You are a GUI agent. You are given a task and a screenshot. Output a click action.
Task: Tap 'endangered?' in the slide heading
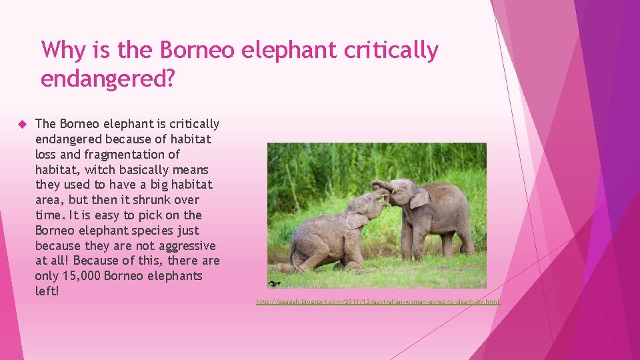pos(108,79)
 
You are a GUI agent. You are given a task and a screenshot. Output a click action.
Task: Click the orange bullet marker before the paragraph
pos(21,124)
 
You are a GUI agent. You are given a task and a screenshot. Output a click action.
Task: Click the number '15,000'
pos(84,276)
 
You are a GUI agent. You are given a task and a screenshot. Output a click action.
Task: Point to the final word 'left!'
pos(47,291)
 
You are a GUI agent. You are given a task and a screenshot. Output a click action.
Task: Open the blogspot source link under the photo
pos(377,302)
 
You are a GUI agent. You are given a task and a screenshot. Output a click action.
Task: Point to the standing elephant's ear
pos(419,197)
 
